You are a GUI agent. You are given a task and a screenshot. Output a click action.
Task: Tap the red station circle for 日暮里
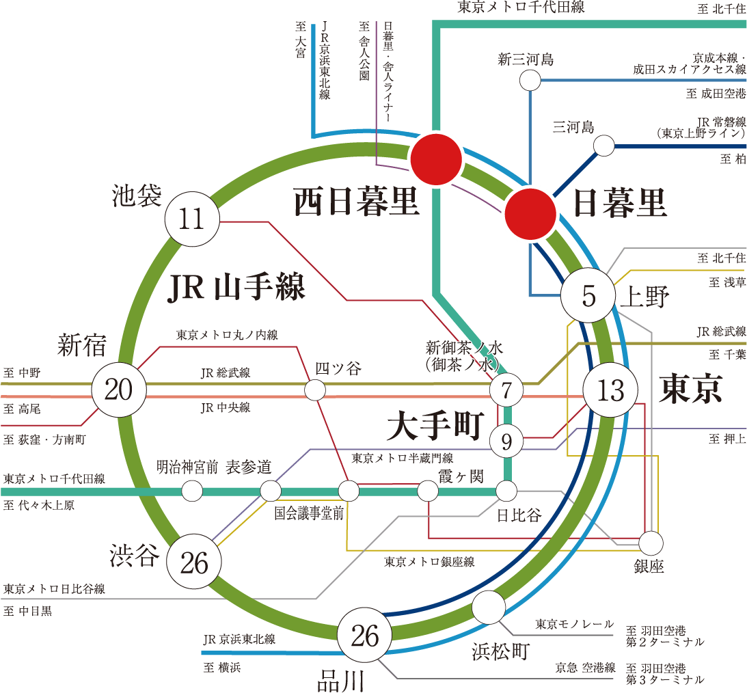pos(531,213)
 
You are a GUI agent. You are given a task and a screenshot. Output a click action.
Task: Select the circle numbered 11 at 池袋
pos(192,220)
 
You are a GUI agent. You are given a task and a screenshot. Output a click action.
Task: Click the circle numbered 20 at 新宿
pos(119,390)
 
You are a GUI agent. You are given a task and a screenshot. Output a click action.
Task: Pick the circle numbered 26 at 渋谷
pos(195,562)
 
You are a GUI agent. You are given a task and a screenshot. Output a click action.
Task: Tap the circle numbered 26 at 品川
pos(365,636)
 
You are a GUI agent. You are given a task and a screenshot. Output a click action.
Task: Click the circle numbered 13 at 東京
pos(610,390)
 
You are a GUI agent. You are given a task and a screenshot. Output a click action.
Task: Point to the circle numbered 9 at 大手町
pos(506,441)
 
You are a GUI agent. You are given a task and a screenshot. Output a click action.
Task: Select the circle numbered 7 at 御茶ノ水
pos(506,391)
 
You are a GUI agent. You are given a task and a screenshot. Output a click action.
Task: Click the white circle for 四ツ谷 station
pos(314,390)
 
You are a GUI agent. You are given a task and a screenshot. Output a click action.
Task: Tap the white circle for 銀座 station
pos(651,543)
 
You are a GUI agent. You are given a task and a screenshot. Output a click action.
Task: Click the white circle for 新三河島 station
pos(530,81)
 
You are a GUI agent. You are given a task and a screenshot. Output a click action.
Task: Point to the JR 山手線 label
pos(236,288)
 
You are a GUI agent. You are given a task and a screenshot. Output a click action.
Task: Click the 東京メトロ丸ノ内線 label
pos(227,336)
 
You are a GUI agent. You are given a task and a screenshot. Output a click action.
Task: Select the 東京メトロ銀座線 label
pos(429,562)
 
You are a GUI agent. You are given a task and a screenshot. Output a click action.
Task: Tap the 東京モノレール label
pos(574,624)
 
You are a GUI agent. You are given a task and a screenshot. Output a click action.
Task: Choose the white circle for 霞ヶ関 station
pos(428,491)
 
